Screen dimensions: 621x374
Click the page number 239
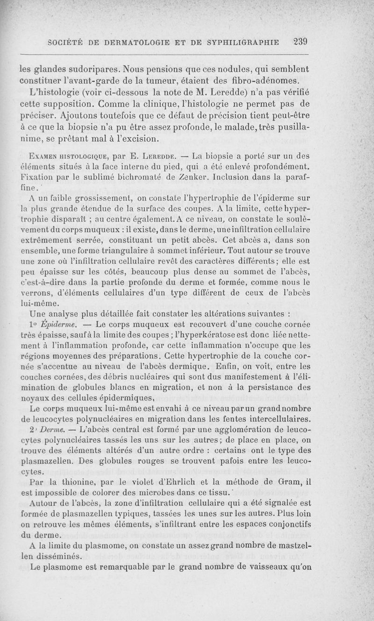[297, 42]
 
